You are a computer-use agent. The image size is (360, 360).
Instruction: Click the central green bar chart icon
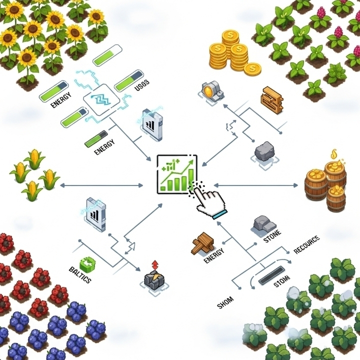coord(176,174)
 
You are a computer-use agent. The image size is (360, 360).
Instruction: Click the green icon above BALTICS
coord(87,262)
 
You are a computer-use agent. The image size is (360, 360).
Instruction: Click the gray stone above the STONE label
coord(262,223)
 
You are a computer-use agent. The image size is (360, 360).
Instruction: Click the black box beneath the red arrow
coord(153,280)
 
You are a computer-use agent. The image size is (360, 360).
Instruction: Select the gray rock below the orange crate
coord(264,150)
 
